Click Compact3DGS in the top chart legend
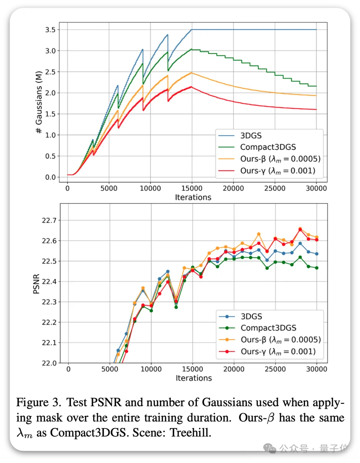(268, 147)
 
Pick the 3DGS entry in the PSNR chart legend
(252, 316)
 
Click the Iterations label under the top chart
(193, 197)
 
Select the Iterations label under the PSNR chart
(193, 378)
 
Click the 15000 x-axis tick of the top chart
(192, 188)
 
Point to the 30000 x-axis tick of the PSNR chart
(316, 369)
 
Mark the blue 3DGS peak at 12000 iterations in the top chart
(167, 35)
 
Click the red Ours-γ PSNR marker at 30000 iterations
(317, 240)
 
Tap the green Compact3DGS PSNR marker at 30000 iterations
(317, 268)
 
